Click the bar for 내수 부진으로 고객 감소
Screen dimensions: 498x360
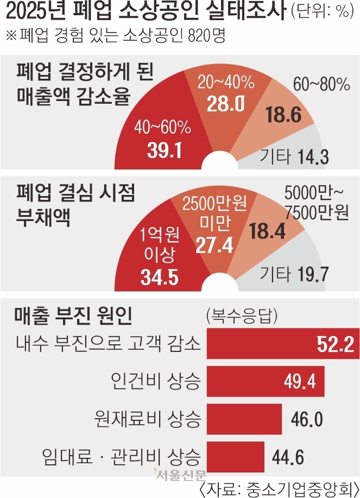coord(282,344)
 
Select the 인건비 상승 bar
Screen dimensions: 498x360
coord(266,382)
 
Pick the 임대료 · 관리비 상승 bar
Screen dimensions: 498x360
coord(236,455)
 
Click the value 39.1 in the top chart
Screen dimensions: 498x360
coord(163,150)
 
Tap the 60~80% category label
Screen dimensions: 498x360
coord(321,85)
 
